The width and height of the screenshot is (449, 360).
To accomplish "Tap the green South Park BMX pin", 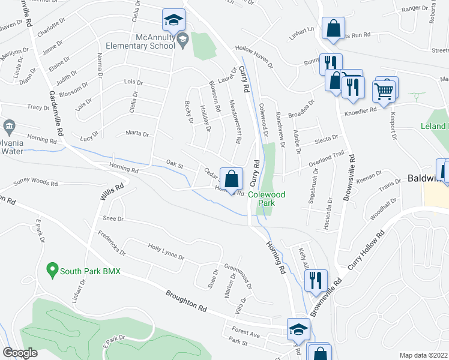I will [52, 271].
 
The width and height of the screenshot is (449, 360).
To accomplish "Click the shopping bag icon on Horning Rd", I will [231, 178].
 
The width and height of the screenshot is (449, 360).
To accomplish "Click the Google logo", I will [20, 353].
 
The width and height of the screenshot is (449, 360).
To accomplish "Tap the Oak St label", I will [174, 163].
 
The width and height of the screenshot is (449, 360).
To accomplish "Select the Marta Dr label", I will [137, 133].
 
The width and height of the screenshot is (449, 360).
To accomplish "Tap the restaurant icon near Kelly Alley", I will [313, 280].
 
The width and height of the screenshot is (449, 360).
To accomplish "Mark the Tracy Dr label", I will [38, 107].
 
